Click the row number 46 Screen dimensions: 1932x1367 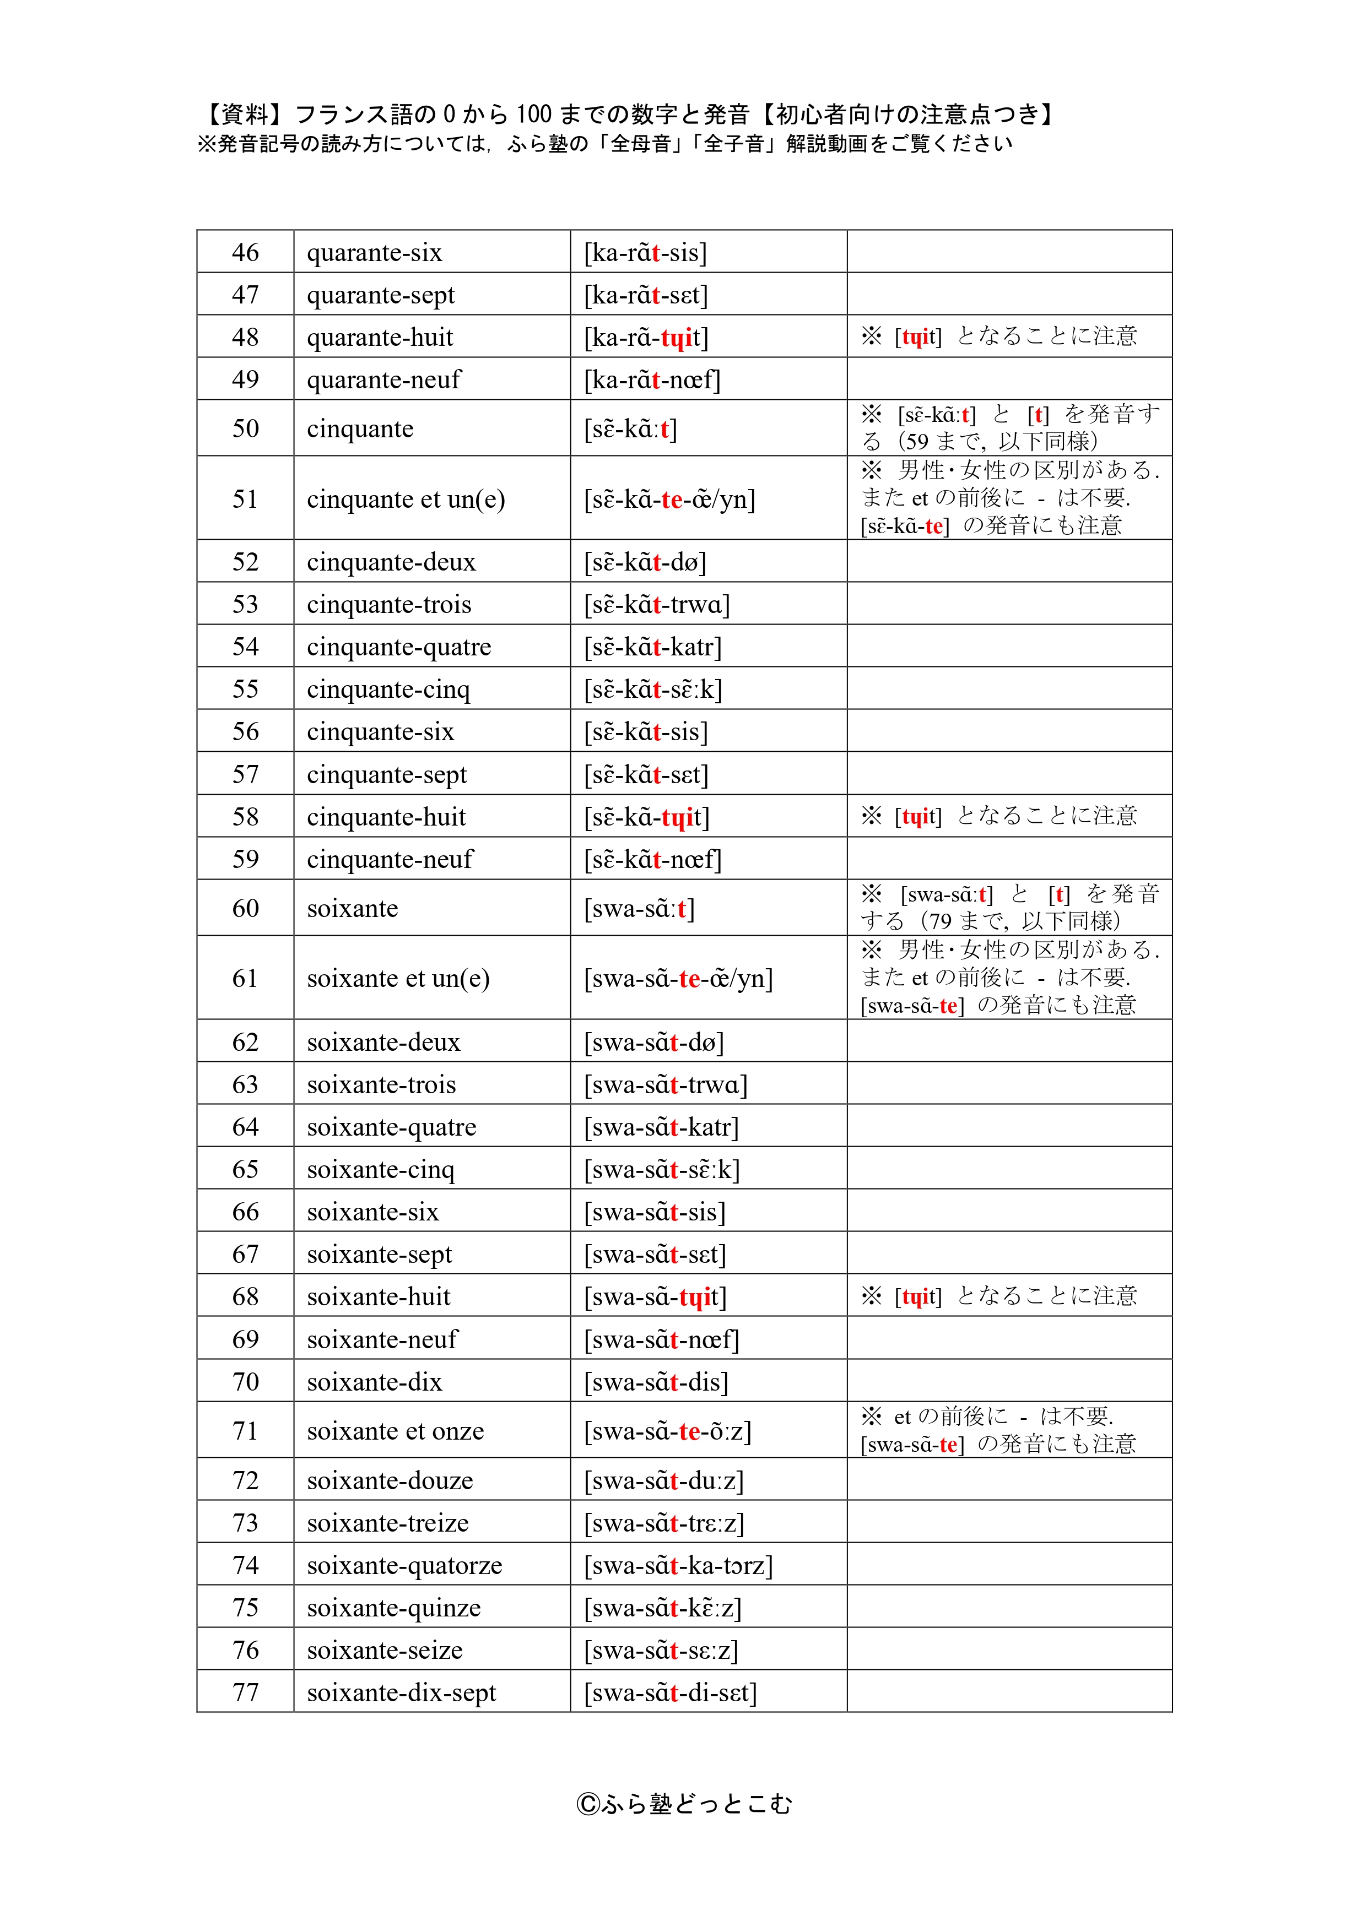tap(245, 252)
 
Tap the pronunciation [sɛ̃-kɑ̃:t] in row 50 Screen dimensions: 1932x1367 tap(630, 428)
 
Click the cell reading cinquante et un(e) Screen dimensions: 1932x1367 tap(406, 499)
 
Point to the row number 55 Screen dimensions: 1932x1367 tap(245, 688)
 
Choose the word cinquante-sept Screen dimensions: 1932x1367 tap(386, 774)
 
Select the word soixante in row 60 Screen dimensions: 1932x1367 tap(352, 908)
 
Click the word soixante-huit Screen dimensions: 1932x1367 tap(379, 1296)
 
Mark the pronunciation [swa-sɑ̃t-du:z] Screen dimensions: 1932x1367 tap(664, 1480)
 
